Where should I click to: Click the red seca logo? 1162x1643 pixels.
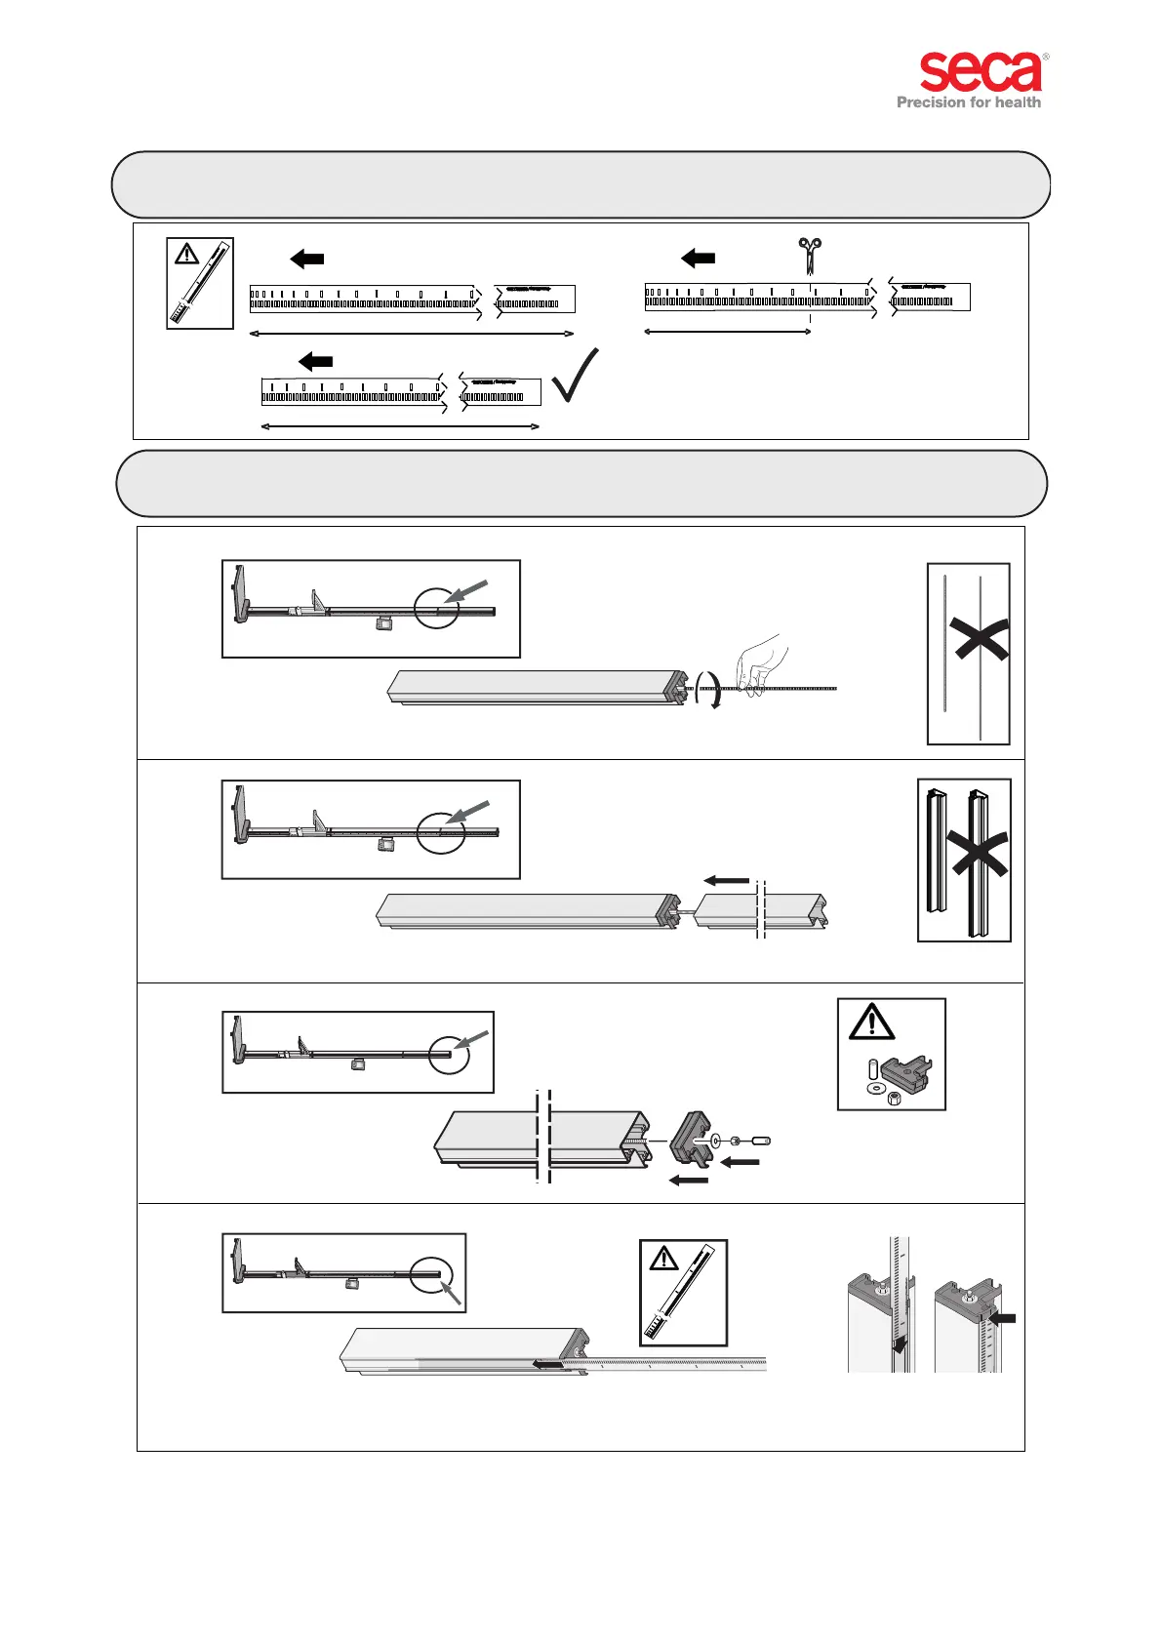click(981, 72)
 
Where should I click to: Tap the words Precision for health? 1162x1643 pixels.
click(968, 102)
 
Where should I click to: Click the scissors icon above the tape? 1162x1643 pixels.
click(809, 256)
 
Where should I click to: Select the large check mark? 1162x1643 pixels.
click(575, 377)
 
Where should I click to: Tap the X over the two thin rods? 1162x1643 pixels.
click(982, 639)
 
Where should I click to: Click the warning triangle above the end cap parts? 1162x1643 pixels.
click(871, 1022)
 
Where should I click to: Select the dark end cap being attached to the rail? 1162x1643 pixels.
click(694, 1139)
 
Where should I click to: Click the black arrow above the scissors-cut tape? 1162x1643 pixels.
click(698, 259)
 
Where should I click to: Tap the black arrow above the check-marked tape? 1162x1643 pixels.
click(315, 362)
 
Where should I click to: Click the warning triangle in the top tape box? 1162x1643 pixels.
click(186, 255)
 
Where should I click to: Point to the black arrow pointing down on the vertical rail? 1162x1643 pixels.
click(900, 1345)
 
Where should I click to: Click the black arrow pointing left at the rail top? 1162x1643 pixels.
click(1002, 1319)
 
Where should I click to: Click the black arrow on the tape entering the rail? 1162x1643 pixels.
click(547, 1365)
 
